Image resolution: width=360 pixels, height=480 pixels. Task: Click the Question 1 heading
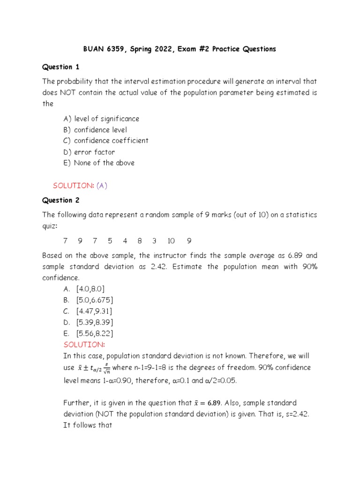[61, 67]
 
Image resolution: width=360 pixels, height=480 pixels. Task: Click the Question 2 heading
[61, 200]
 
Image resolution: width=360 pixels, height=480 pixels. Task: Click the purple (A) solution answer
[102, 186]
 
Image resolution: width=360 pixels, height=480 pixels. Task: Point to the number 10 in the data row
[171, 241]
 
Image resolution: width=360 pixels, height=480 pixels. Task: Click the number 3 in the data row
[154, 241]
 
